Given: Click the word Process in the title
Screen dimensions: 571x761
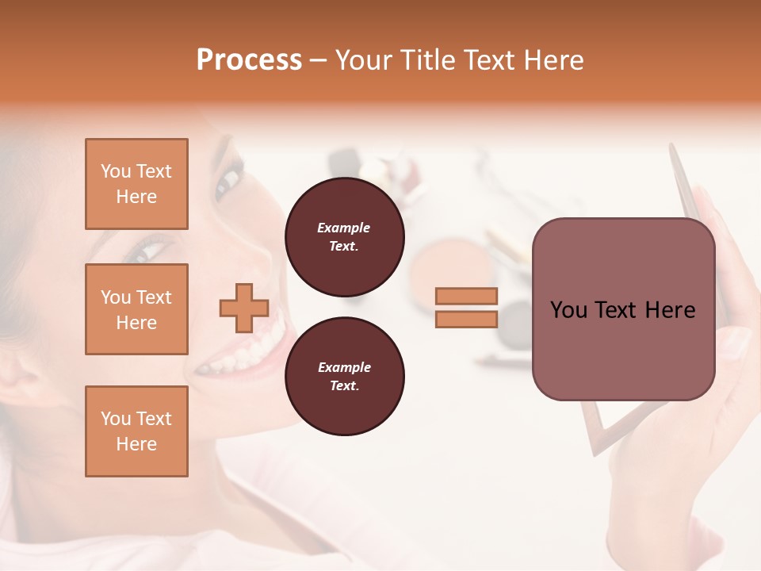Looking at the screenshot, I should pyautogui.click(x=249, y=60).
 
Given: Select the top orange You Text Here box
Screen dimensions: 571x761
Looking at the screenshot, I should pyautogui.click(x=136, y=184).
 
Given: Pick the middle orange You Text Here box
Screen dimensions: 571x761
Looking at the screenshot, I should pyautogui.click(x=136, y=309).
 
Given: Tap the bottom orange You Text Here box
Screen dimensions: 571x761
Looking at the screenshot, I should pyautogui.click(x=136, y=431).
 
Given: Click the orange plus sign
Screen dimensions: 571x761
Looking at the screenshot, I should pyautogui.click(x=244, y=308).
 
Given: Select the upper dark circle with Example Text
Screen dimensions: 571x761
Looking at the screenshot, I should pyautogui.click(x=344, y=237).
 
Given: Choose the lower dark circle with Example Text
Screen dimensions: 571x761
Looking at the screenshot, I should pyautogui.click(x=344, y=377).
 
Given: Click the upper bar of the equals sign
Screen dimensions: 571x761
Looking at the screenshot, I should pyautogui.click(x=467, y=297).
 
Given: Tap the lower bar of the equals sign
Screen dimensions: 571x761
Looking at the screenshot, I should pyautogui.click(x=467, y=319).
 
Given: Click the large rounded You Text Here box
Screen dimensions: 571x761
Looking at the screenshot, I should pyautogui.click(x=623, y=309).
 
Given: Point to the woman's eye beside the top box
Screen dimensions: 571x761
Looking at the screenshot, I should pyautogui.click(x=229, y=179).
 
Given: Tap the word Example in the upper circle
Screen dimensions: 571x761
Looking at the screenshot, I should pyautogui.click(x=344, y=228).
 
